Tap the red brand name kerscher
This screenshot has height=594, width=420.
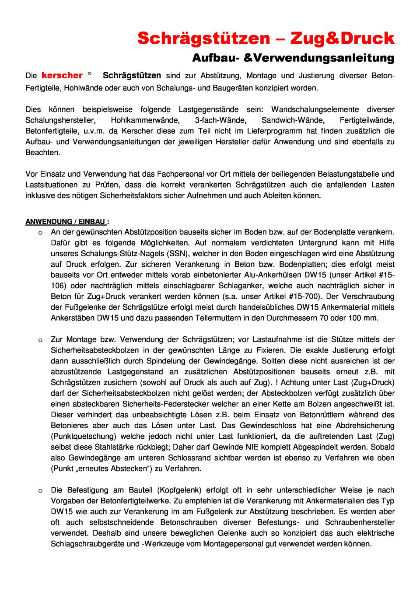(x=62, y=76)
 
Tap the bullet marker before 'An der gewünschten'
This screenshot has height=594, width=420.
(x=40, y=232)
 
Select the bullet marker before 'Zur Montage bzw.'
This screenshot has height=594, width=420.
(x=40, y=340)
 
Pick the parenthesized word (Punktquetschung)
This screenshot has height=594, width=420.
(x=84, y=436)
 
